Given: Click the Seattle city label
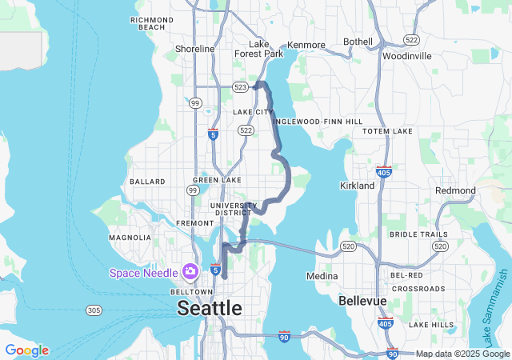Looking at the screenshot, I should pos(209,308).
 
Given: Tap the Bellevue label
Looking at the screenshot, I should pos(362,301).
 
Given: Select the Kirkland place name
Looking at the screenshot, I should pos(357,186).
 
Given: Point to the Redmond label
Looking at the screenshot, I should pos(455,190).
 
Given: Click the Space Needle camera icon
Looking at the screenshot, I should pos(190,271).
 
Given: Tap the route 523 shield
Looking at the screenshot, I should pos(240,86).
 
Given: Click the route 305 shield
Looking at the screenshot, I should pos(94,310).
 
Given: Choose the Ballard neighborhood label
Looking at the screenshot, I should pos(146,182).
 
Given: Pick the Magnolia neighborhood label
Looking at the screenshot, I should pos(130,238).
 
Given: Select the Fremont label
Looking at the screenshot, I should pos(194,222).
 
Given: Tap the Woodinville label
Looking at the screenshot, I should pos(407,56).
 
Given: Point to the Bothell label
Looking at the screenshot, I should pos(358,42).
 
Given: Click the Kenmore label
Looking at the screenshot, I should pos(306,45).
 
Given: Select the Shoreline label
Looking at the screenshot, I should pos(195,49).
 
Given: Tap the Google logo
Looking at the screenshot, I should pos(26,350).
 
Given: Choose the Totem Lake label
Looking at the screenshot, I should pos(387,130).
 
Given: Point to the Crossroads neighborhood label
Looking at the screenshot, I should pos(418,288).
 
